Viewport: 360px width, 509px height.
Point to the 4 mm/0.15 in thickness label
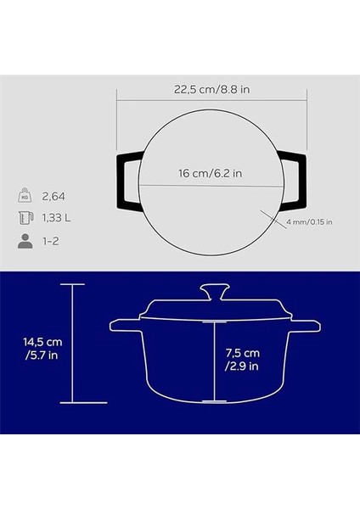(x=310, y=222)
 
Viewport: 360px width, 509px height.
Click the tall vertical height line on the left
(x=73, y=344)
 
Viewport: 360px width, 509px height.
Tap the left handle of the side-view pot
(x=123, y=325)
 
